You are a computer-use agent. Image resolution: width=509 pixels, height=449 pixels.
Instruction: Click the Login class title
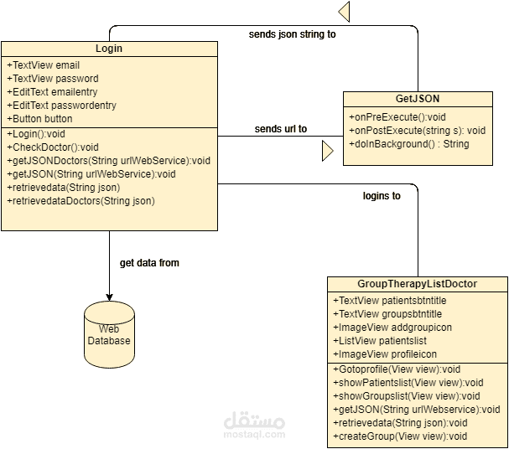(x=109, y=49)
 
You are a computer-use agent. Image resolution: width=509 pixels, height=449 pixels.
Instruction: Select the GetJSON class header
(x=417, y=98)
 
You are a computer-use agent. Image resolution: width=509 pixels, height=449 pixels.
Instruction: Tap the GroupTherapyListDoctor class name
(x=417, y=284)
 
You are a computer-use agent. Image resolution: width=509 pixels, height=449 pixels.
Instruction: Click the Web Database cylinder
(x=108, y=336)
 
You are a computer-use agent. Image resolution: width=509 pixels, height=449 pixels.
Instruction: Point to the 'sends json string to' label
(x=293, y=35)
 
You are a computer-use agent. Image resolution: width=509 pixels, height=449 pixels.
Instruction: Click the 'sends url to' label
(x=280, y=129)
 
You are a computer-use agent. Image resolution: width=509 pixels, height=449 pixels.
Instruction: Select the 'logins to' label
(x=382, y=196)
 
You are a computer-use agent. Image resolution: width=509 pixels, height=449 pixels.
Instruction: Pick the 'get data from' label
(x=149, y=263)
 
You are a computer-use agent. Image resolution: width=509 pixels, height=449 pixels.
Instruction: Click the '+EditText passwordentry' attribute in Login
(x=61, y=106)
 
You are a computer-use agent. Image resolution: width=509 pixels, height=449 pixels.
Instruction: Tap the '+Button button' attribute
(x=39, y=119)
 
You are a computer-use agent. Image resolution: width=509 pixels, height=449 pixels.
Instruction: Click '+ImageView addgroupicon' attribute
(x=393, y=328)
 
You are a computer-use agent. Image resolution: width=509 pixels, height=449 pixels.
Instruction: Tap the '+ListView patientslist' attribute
(x=380, y=341)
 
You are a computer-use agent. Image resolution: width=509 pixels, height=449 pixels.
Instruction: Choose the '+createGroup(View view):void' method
(x=400, y=436)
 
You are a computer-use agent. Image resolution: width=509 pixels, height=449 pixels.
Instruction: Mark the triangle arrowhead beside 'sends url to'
(x=328, y=150)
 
